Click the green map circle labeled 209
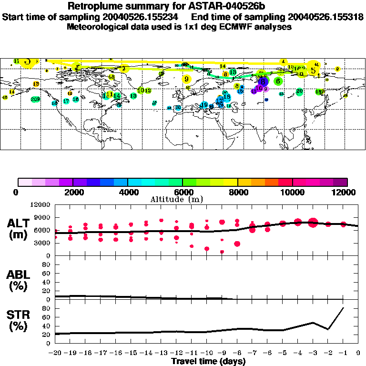pos(35,100)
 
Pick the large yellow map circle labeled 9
pos(186,79)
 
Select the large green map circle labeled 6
pos(277,81)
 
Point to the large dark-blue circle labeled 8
pos(263,82)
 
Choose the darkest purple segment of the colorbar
pos(340,182)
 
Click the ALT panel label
pos(19,229)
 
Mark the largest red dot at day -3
pos(313,222)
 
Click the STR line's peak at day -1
pos(343,308)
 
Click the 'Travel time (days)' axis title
pos(208,361)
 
